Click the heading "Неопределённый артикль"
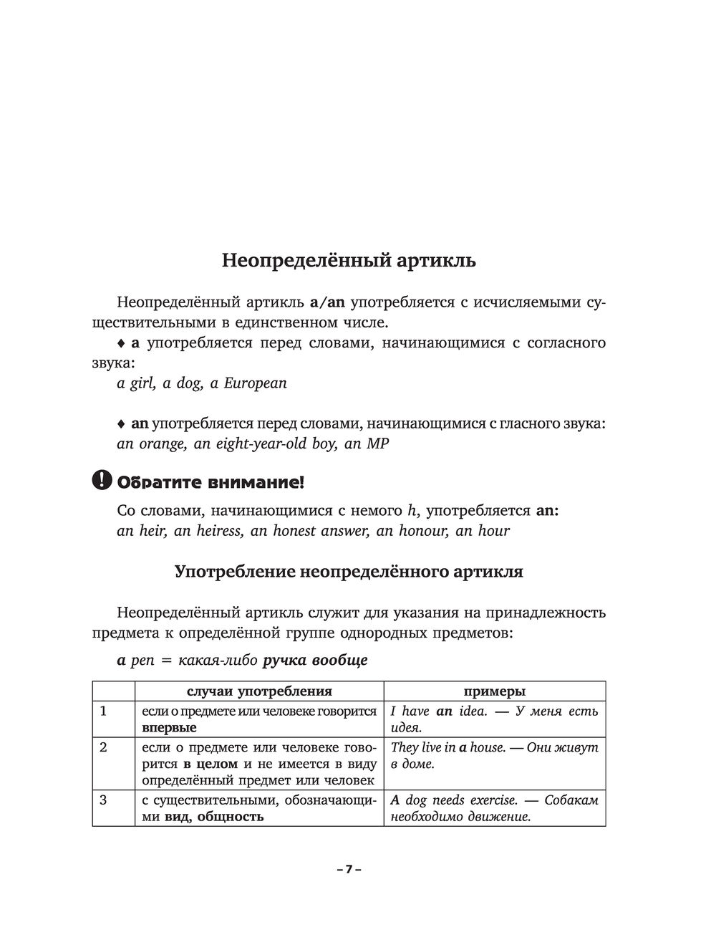point(349,261)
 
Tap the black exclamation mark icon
point(102,480)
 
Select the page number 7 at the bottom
point(349,869)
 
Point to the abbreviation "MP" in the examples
point(377,444)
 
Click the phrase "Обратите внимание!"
point(211,482)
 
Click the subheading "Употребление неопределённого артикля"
point(349,572)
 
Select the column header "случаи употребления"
point(259,691)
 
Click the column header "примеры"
point(494,691)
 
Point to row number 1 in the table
point(103,711)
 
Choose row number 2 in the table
point(103,747)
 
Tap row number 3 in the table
point(103,800)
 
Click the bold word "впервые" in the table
point(170,728)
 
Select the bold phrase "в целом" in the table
point(211,764)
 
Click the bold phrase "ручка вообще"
point(315,661)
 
